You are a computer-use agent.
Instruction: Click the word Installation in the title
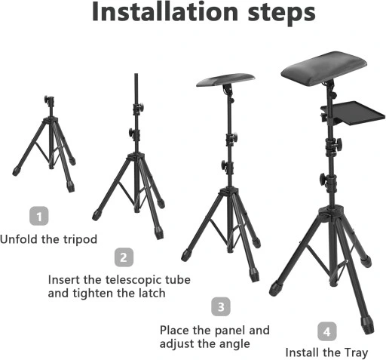[x=165, y=12]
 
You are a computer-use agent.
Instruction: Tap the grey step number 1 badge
[x=39, y=216]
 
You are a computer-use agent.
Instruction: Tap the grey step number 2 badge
[x=124, y=257]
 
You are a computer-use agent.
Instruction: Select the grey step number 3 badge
[x=221, y=306]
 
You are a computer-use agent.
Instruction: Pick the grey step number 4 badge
[x=327, y=331]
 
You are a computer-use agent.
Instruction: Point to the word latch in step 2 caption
[x=152, y=293]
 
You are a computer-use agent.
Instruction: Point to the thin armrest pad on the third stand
[x=225, y=79]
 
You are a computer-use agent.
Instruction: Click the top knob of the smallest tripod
[x=47, y=99]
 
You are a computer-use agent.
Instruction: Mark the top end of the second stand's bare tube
[x=136, y=74]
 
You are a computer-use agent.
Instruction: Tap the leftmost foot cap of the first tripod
[x=17, y=171]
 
